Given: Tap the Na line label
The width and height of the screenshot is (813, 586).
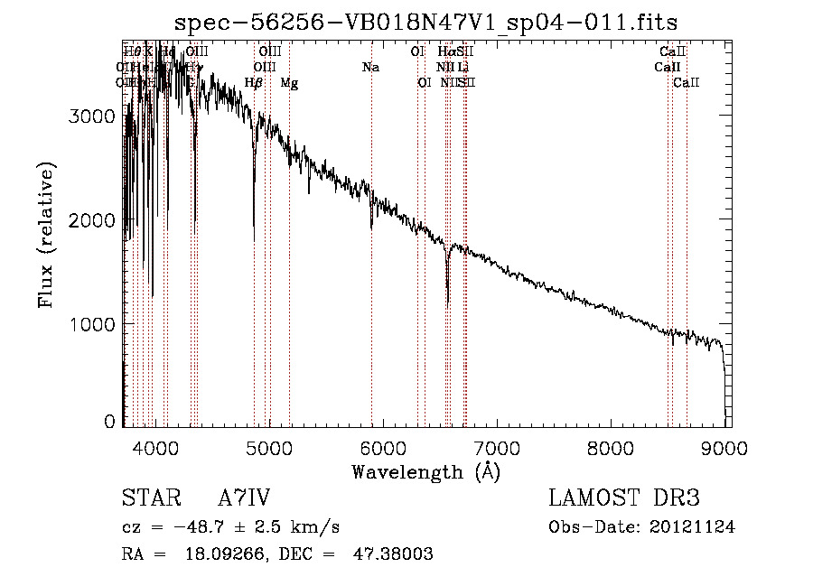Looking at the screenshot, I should (x=370, y=68).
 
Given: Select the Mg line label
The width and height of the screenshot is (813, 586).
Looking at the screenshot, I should (x=289, y=83).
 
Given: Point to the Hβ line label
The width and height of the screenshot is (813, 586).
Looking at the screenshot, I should (x=254, y=83).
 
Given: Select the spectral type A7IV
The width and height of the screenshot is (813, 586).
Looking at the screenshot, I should (x=244, y=498).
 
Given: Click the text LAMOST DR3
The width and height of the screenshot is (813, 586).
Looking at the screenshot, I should (x=624, y=498).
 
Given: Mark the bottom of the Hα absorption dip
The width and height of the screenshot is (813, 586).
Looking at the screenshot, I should (x=448, y=304).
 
